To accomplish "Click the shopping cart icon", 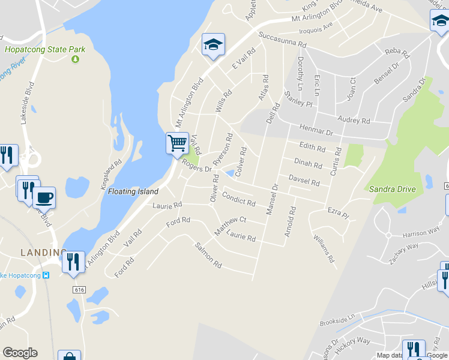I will click(177, 143).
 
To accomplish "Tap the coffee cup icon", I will click(44, 197).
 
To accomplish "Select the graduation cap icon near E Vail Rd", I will click(213, 44).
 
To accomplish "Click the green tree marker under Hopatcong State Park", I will click(76, 59).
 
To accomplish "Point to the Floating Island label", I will click(133, 192).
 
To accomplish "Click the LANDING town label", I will click(44, 253).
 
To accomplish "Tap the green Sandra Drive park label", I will click(392, 189).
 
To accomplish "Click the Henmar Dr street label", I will click(315, 129).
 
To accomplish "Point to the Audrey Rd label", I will click(354, 120).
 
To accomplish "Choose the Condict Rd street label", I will click(239, 199).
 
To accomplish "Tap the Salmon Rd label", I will click(208, 255).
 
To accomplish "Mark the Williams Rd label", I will click(323, 248).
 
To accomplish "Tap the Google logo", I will click(20, 353).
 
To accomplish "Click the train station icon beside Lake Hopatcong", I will click(46, 275).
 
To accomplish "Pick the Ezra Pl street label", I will click(338, 213).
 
